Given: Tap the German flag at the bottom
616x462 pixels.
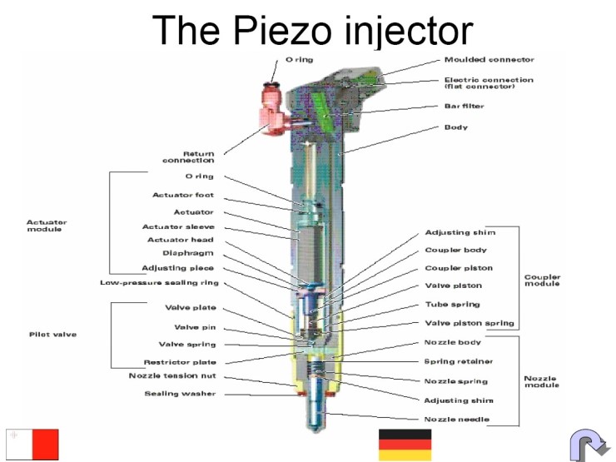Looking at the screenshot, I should [x=405, y=445].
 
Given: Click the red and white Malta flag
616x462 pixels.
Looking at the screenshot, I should [x=32, y=445].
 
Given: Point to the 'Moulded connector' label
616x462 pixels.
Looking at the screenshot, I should [x=489, y=60].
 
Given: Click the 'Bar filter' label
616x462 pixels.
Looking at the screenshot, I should [x=464, y=107].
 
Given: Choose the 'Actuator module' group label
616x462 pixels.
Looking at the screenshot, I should [x=47, y=226].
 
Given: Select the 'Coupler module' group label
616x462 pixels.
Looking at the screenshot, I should [x=542, y=280].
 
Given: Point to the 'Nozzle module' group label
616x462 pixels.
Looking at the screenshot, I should [x=542, y=383].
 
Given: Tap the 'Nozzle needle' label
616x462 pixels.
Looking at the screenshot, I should [x=457, y=419].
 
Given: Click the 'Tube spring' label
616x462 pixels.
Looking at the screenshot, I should [x=453, y=305].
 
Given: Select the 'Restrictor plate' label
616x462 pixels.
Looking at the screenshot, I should [x=179, y=363].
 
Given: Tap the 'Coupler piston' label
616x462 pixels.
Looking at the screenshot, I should [x=459, y=268].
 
